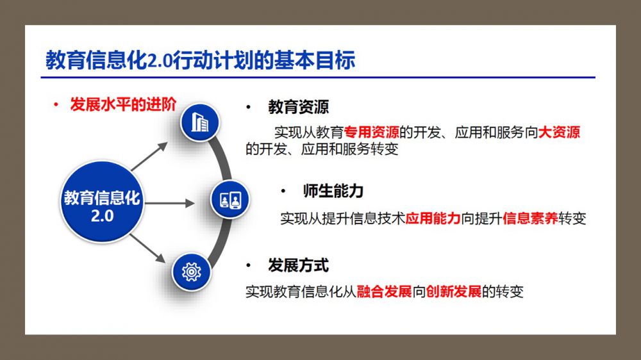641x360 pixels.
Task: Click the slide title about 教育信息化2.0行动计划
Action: click(200, 60)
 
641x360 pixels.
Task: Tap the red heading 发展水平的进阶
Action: click(123, 104)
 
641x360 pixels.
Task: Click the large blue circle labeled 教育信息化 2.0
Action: click(102, 202)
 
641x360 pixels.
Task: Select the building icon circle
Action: click(200, 122)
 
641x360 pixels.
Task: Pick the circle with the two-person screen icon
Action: click(230, 199)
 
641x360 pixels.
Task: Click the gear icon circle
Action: click(191, 272)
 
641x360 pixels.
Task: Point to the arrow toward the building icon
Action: click(149, 156)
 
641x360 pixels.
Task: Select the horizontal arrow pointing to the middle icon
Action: click(170, 203)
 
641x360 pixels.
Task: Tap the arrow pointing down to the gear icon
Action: click(147, 249)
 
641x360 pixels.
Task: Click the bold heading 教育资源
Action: click(299, 107)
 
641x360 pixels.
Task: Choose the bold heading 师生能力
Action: click(333, 191)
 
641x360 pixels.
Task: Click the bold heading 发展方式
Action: click(299, 265)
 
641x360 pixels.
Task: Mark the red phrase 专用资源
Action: click(372, 132)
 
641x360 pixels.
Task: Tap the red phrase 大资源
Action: click(559, 132)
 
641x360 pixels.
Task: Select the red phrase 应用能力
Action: click(433, 218)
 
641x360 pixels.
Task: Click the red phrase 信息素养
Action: click(530, 218)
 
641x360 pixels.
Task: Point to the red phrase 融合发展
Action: click(384, 291)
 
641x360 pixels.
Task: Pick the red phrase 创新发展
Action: click(454, 291)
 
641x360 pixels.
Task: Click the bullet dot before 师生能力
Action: click(283, 191)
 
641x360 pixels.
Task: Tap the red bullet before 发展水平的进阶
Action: click(56, 105)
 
